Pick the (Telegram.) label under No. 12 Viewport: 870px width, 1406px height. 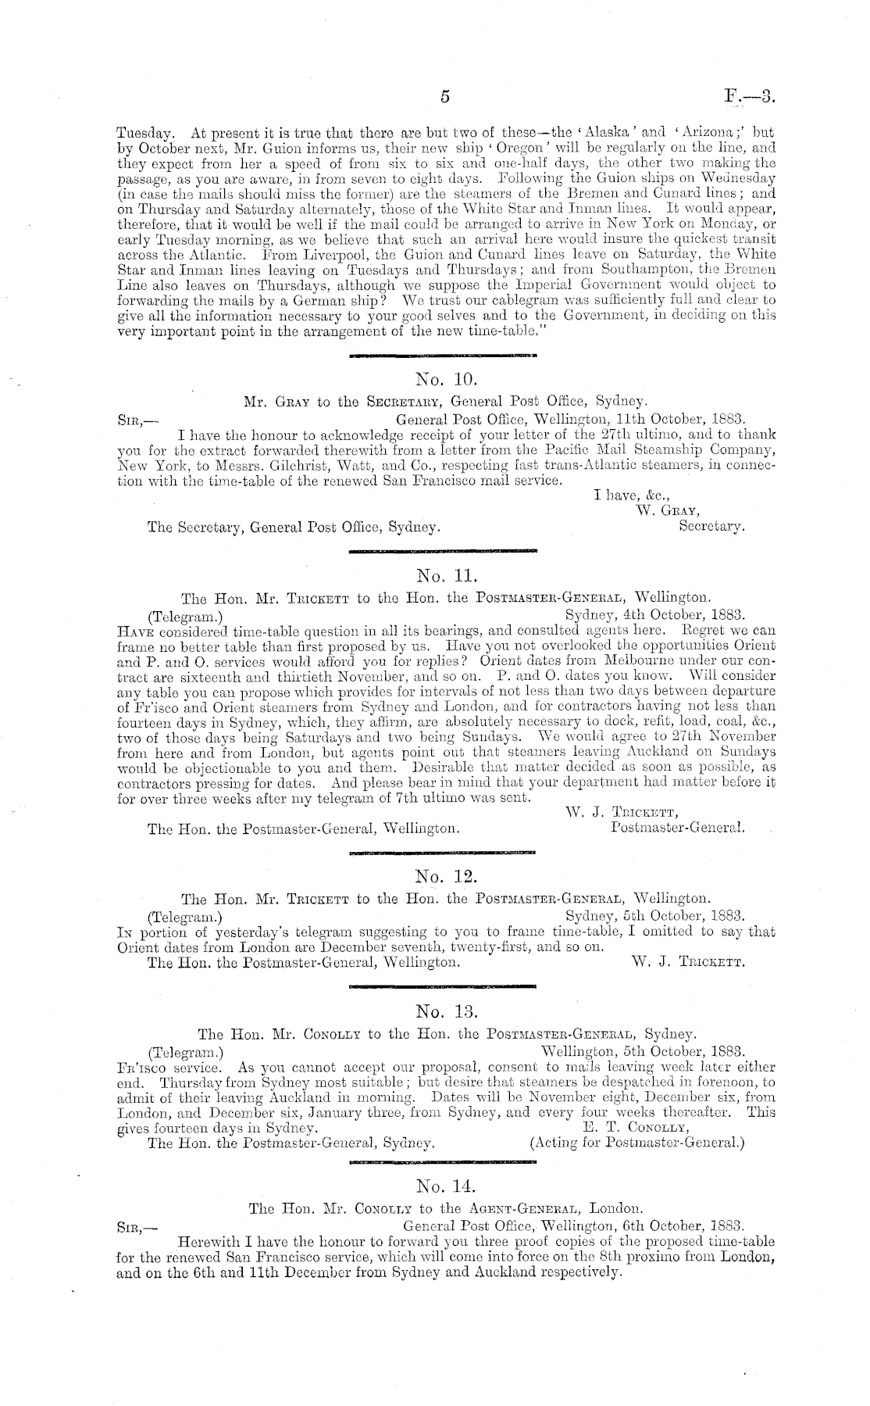point(186,914)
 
